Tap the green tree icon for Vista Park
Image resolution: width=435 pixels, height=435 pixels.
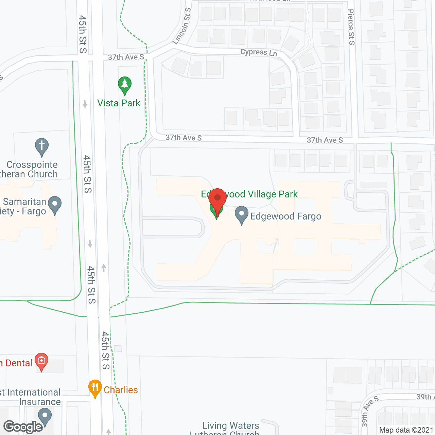coord(125,85)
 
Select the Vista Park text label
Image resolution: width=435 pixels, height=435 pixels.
coord(119,103)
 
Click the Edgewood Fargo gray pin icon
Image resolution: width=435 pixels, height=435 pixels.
coord(242,215)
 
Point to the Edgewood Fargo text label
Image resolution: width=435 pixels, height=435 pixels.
coord(285,216)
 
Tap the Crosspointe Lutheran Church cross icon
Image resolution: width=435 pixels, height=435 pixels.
coord(42,146)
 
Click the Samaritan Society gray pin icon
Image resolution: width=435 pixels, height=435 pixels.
coord(55,205)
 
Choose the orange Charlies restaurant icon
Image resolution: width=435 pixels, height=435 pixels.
coord(95,388)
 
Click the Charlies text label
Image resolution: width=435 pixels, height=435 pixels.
coord(121,390)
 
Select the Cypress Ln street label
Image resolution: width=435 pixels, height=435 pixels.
coord(259,52)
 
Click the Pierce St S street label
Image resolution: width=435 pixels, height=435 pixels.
coord(351,27)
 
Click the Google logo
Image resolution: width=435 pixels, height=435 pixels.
coord(23,427)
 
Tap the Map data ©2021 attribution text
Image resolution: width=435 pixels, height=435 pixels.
coord(406,430)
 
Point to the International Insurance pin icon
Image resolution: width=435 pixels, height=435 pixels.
coord(45,416)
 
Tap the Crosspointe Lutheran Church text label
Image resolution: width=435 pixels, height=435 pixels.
coord(31,169)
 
